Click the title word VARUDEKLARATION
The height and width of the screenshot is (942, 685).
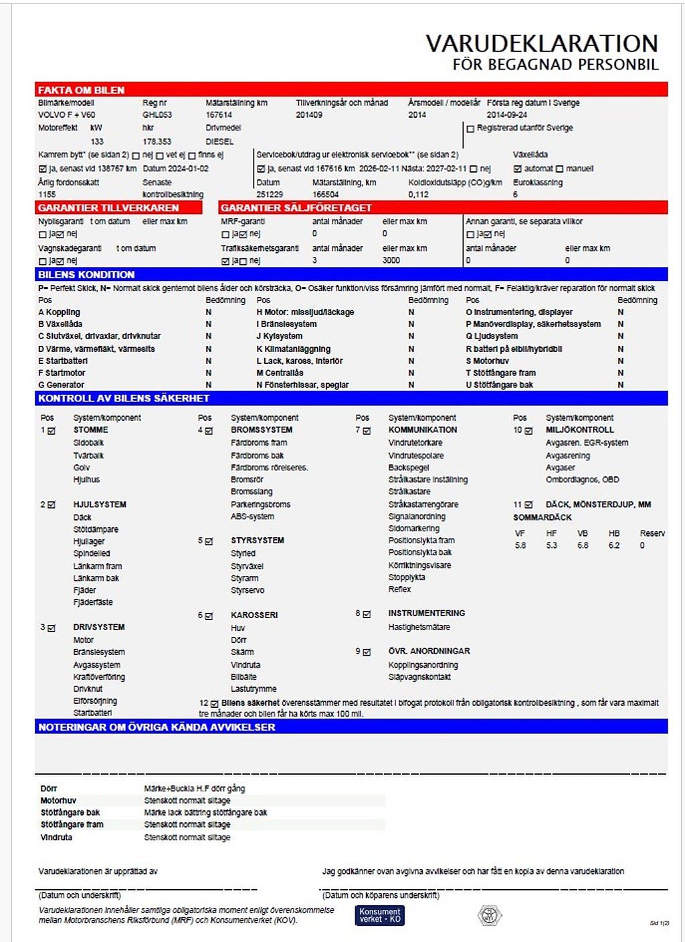pyautogui.click(x=542, y=43)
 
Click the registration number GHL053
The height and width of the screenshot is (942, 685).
pyautogui.click(x=157, y=115)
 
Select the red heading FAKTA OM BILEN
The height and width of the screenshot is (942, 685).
pyautogui.click(x=81, y=90)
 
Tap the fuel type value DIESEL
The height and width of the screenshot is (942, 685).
pyautogui.click(x=219, y=142)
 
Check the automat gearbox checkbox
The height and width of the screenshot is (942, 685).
pyautogui.click(x=518, y=169)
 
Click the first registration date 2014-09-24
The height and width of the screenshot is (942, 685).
pyautogui.click(x=506, y=115)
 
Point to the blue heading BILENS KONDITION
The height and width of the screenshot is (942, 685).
pyautogui.click(x=86, y=275)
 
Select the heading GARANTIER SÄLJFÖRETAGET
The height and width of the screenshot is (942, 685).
pyautogui.click(x=296, y=208)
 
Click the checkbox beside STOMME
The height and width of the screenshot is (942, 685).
pyautogui.click(x=52, y=431)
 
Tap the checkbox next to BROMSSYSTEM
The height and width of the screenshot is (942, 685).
pyautogui.click(x=209, y=431)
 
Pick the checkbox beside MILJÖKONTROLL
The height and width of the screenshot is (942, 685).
pyautogui.click(x=528, y=431)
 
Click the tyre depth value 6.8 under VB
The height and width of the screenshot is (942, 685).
pyautogui.click(x=583, y=546)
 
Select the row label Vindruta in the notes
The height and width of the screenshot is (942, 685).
pyautogui.click(x=56, y=838)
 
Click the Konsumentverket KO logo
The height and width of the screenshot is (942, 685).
pyautogui.click(x=379, y=915)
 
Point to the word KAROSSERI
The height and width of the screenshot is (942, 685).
pyautogui.click(x=254, y=616)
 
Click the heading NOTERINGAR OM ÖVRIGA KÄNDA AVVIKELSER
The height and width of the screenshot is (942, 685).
pyautogui.click(x=157, y=727)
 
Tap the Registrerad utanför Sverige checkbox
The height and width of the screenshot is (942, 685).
pyautogui.click(x=470, y=128)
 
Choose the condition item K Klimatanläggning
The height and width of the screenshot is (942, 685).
pyautogui.click(x=293, y=349)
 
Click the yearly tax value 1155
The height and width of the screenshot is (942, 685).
pyautogui.click(x=47, y=195)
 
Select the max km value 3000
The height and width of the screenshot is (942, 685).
pyautogui.click(x=391, y=261)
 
